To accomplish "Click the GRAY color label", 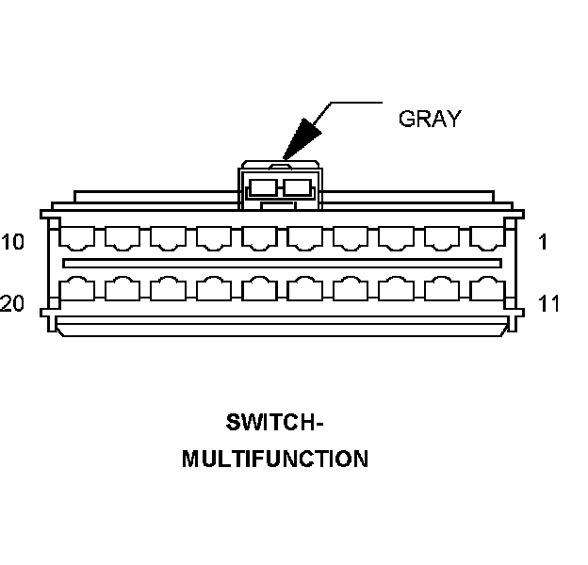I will (x=430, y=119).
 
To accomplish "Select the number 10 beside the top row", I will (x=13, y=242).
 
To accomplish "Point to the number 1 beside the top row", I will (x=543, y=242).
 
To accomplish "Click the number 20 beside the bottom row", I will (x=13, y=303).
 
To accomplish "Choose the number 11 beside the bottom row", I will (x=548, y=303).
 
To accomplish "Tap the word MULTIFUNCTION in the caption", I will (x=275, y=460).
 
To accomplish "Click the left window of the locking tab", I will (x=264, y=187).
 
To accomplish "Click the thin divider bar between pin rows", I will (x=282, y=262).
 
